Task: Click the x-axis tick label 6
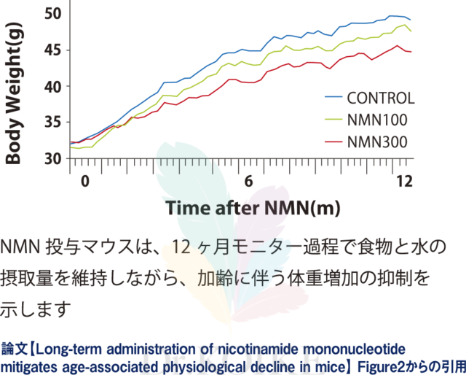[x=248, y=180]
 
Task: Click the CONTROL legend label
[x=380, y=98]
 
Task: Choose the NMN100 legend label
[x=377, y=119]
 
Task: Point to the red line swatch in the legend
[x=333, y=139]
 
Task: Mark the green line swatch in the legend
[x=333, y=119]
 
